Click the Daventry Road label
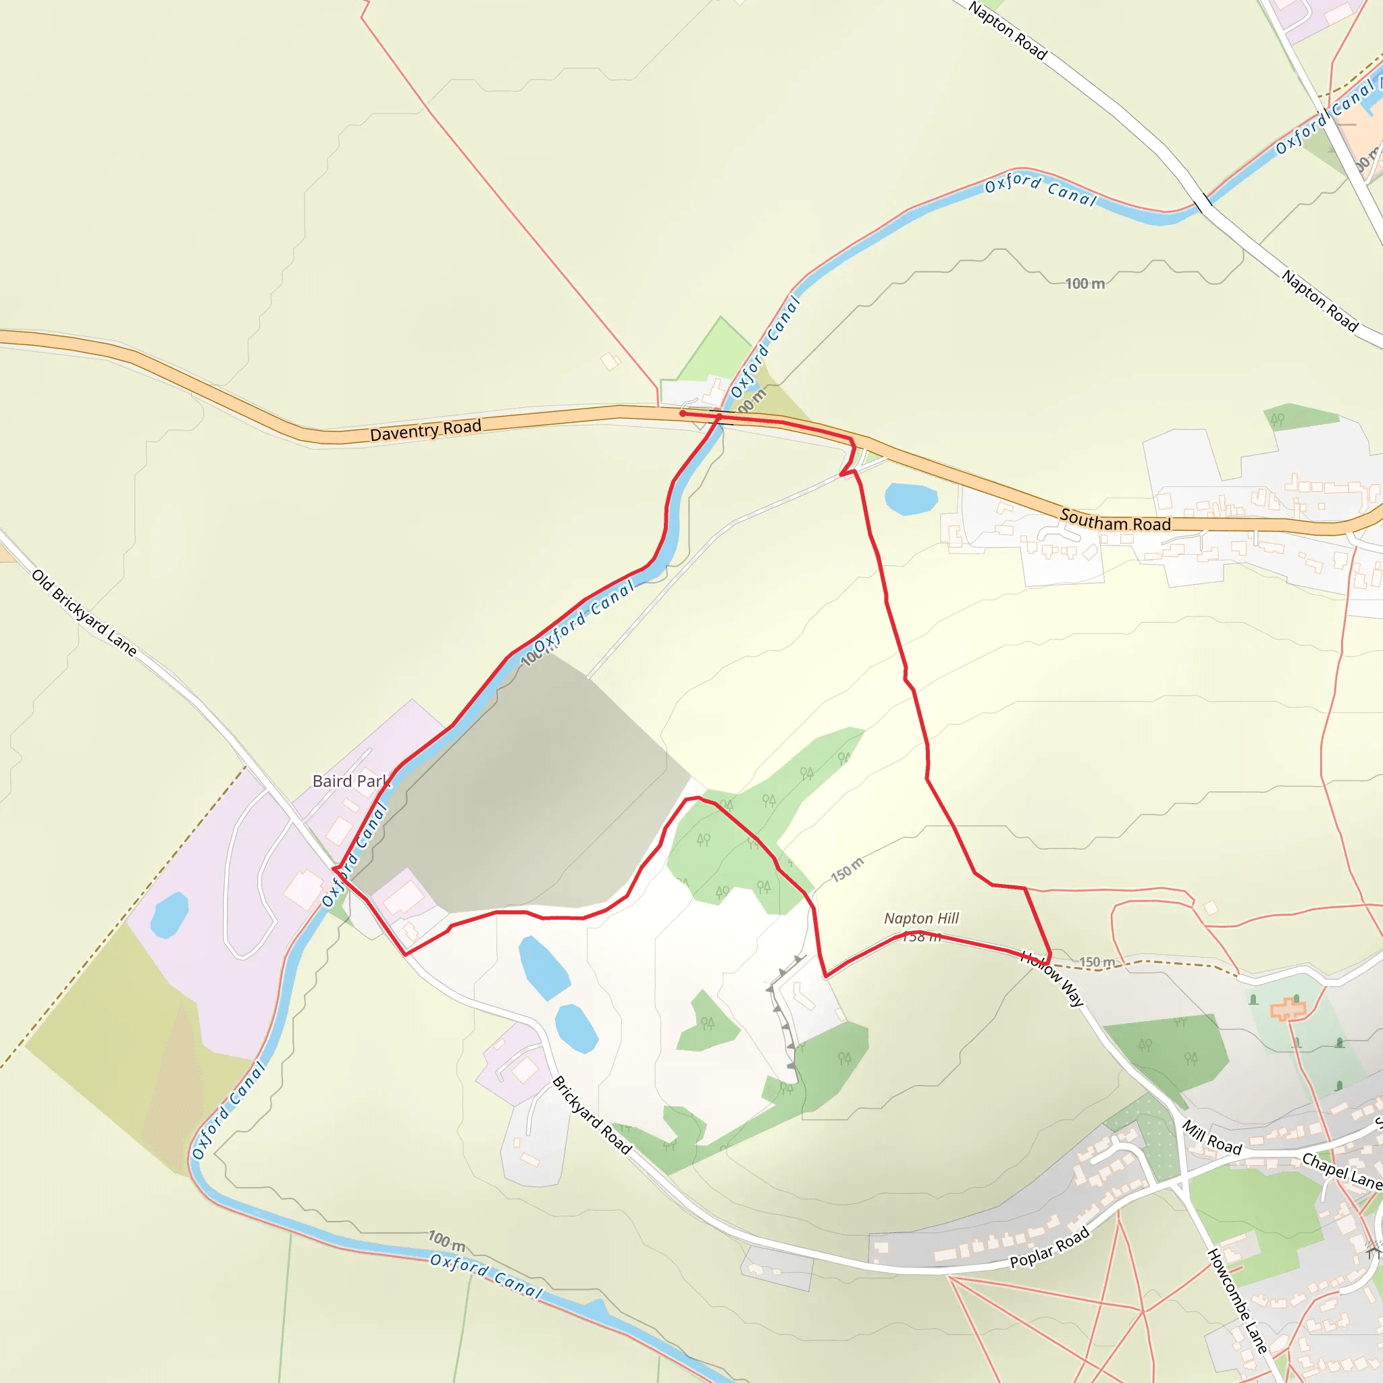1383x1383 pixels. (425, 430)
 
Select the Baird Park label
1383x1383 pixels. (350, 781)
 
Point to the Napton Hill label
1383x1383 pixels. (921, 918)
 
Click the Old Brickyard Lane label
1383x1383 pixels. (84, 612)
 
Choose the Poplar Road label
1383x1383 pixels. (1049, 1247)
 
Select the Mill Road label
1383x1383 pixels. (1211, 1137)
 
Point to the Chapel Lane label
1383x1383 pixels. (1340, 1171)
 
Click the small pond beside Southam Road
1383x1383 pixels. (910, 498)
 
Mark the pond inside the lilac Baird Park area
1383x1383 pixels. (169, 915)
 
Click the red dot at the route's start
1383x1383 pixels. (683, 413)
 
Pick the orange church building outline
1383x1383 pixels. (1287, 1010)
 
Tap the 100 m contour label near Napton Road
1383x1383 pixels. (1085, 284)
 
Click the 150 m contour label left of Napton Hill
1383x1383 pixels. (847, 869)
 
